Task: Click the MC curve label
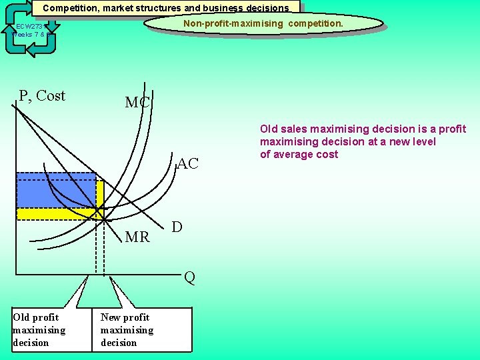138,103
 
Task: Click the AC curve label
187,164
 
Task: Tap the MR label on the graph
137,237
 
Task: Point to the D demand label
177,227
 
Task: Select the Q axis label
189,278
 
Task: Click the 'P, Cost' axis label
42,96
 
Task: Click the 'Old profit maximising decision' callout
39,330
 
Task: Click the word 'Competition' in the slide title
71,9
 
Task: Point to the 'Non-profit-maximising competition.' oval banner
264,24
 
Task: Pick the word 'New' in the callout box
112,317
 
